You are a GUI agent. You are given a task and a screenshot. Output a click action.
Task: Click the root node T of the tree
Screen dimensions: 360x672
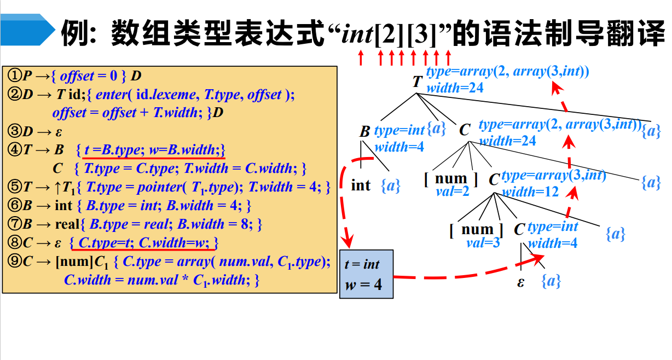click(418, 82)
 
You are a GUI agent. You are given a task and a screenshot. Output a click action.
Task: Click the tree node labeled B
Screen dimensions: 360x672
click(365, 132)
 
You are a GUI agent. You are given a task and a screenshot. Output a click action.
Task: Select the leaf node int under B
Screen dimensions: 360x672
click(361, 185)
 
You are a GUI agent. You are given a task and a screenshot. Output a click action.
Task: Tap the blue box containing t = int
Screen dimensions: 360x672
click(366, 274)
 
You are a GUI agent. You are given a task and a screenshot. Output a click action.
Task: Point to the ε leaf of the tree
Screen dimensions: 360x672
click(520, 283)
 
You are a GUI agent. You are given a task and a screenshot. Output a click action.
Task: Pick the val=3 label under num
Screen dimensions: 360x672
click(483, 242)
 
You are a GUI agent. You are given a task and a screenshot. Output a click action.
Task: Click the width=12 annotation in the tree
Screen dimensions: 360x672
click(531, 192)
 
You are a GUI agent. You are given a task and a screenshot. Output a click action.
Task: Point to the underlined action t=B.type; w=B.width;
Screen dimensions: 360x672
click(151, 150)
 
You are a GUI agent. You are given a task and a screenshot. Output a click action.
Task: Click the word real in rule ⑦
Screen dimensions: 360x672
click(68, 224)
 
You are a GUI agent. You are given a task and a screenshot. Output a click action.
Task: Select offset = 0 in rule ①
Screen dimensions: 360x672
click(89, 76)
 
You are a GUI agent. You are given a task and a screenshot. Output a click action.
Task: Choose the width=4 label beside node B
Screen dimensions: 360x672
click(399, 147)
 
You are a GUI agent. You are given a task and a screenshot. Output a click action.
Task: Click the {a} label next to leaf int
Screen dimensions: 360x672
click(391, 186)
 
